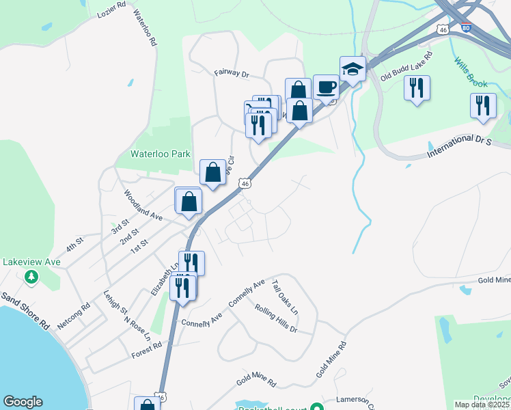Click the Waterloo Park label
[162, 154]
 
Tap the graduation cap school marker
[353, 69]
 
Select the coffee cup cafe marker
[326, 87]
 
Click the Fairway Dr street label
[232, 72]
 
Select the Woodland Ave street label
[143, 205]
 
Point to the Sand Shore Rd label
[25, 312]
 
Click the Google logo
[23, 402]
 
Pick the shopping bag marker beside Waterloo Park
[212, 172]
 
